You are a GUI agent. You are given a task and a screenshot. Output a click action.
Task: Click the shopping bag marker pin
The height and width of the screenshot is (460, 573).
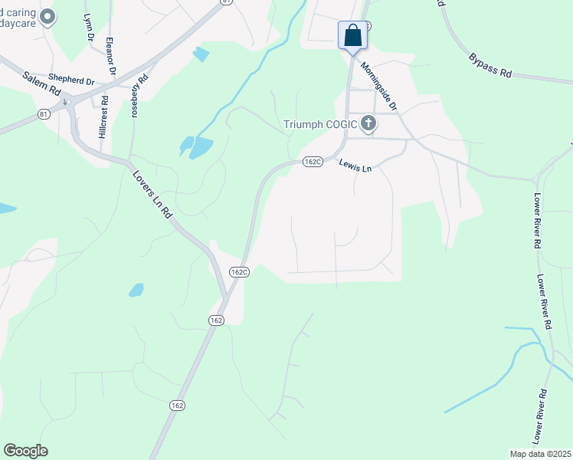(352, 35)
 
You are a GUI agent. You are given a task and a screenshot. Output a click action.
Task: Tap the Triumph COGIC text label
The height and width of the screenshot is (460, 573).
(321, 124)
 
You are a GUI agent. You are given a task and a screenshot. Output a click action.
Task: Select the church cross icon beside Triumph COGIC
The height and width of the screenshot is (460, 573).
(368, 123)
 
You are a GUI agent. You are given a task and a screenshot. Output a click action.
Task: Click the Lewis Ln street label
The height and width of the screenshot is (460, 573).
(356, 165)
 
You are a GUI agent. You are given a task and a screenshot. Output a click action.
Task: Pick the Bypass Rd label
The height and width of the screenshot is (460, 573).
(490, 65)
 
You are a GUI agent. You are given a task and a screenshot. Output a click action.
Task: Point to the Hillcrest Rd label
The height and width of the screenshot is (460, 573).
(103, 118)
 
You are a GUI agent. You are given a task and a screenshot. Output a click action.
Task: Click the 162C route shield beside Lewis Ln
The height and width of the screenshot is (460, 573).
(312, 162)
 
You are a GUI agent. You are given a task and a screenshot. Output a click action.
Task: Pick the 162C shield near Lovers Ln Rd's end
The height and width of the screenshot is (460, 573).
(238, 271)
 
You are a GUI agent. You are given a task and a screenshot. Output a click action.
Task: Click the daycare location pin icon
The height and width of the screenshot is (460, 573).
(47, 16)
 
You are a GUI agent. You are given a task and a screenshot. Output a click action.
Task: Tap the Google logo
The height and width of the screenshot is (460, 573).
(25, 451)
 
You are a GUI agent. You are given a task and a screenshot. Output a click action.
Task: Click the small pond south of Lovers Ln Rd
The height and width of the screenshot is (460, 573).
(136, 290)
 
